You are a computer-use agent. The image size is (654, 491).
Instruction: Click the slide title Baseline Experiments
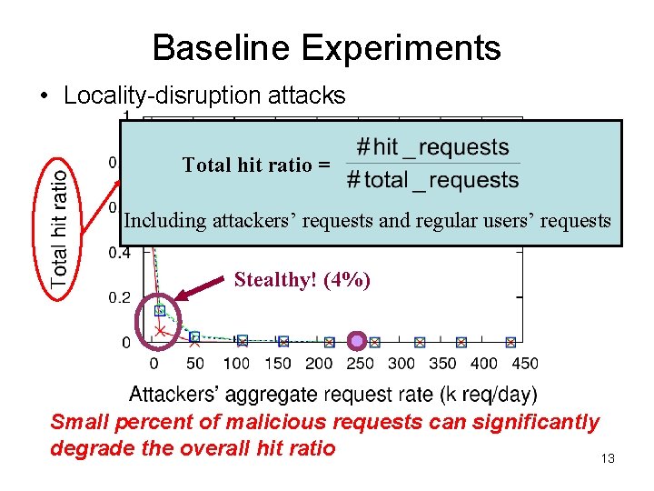coord(326,47)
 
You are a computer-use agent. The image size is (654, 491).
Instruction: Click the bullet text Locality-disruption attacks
coord(204,95)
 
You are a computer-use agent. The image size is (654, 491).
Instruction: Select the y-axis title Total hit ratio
coord(61,228)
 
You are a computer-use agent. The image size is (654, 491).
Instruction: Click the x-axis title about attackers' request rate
coord(332,395)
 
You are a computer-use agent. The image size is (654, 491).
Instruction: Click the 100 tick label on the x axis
coord(236,364)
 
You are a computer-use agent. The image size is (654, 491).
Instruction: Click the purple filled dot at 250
coord(357,342)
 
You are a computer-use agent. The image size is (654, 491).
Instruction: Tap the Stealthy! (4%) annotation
coord(302,280)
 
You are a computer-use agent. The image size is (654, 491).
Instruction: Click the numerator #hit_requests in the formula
coord(432,147)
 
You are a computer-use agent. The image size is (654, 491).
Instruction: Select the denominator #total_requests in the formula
coord(432,180)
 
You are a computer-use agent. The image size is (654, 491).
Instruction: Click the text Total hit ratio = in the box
coord(256,165)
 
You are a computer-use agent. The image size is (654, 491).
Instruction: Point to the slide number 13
coord(608,458)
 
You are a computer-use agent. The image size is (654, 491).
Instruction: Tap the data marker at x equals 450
coord(510,342)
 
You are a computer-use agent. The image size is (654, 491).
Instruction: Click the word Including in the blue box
coord(161,220)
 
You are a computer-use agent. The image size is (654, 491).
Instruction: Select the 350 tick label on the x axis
coord(442,364)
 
